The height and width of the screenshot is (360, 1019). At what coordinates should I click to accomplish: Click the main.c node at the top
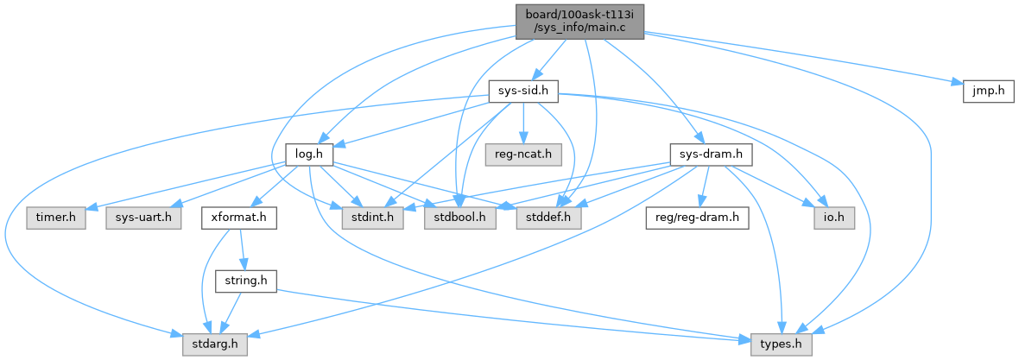tap(579, 21)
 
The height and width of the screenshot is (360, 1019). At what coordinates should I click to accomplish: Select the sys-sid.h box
tap(524, 91)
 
